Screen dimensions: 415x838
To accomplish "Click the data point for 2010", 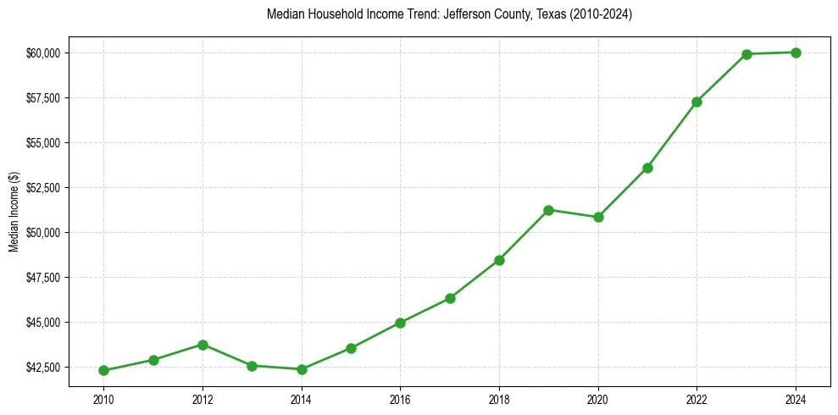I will pyautogui.click(x=103, y=370).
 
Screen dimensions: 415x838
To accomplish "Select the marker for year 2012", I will pyautogui.click(x=203, y=345).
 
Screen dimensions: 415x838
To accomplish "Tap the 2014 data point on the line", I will pyautogui.click(x=302, y=369).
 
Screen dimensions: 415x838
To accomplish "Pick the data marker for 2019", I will pyautogui.click(x=548, y=210).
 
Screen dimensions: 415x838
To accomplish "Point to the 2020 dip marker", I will pyautogui.click(x=598, y=217).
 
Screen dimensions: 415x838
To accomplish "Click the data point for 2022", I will pyautogui.click(x=696, y=102).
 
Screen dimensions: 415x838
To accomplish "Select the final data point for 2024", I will pyautogui.click(x=796, y=53).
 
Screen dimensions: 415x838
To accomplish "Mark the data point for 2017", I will pyautogui.click(x=450, y=298).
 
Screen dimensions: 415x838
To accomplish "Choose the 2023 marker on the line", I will pyautogui.click(x=746, y=54).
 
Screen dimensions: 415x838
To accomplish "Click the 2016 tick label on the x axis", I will pyautogui.click(x=400, y=399).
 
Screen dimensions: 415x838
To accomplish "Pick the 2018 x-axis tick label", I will pyautogui.click(x=499, y=399).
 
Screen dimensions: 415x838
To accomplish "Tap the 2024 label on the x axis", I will pyautogui.click(x=796, y=399).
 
